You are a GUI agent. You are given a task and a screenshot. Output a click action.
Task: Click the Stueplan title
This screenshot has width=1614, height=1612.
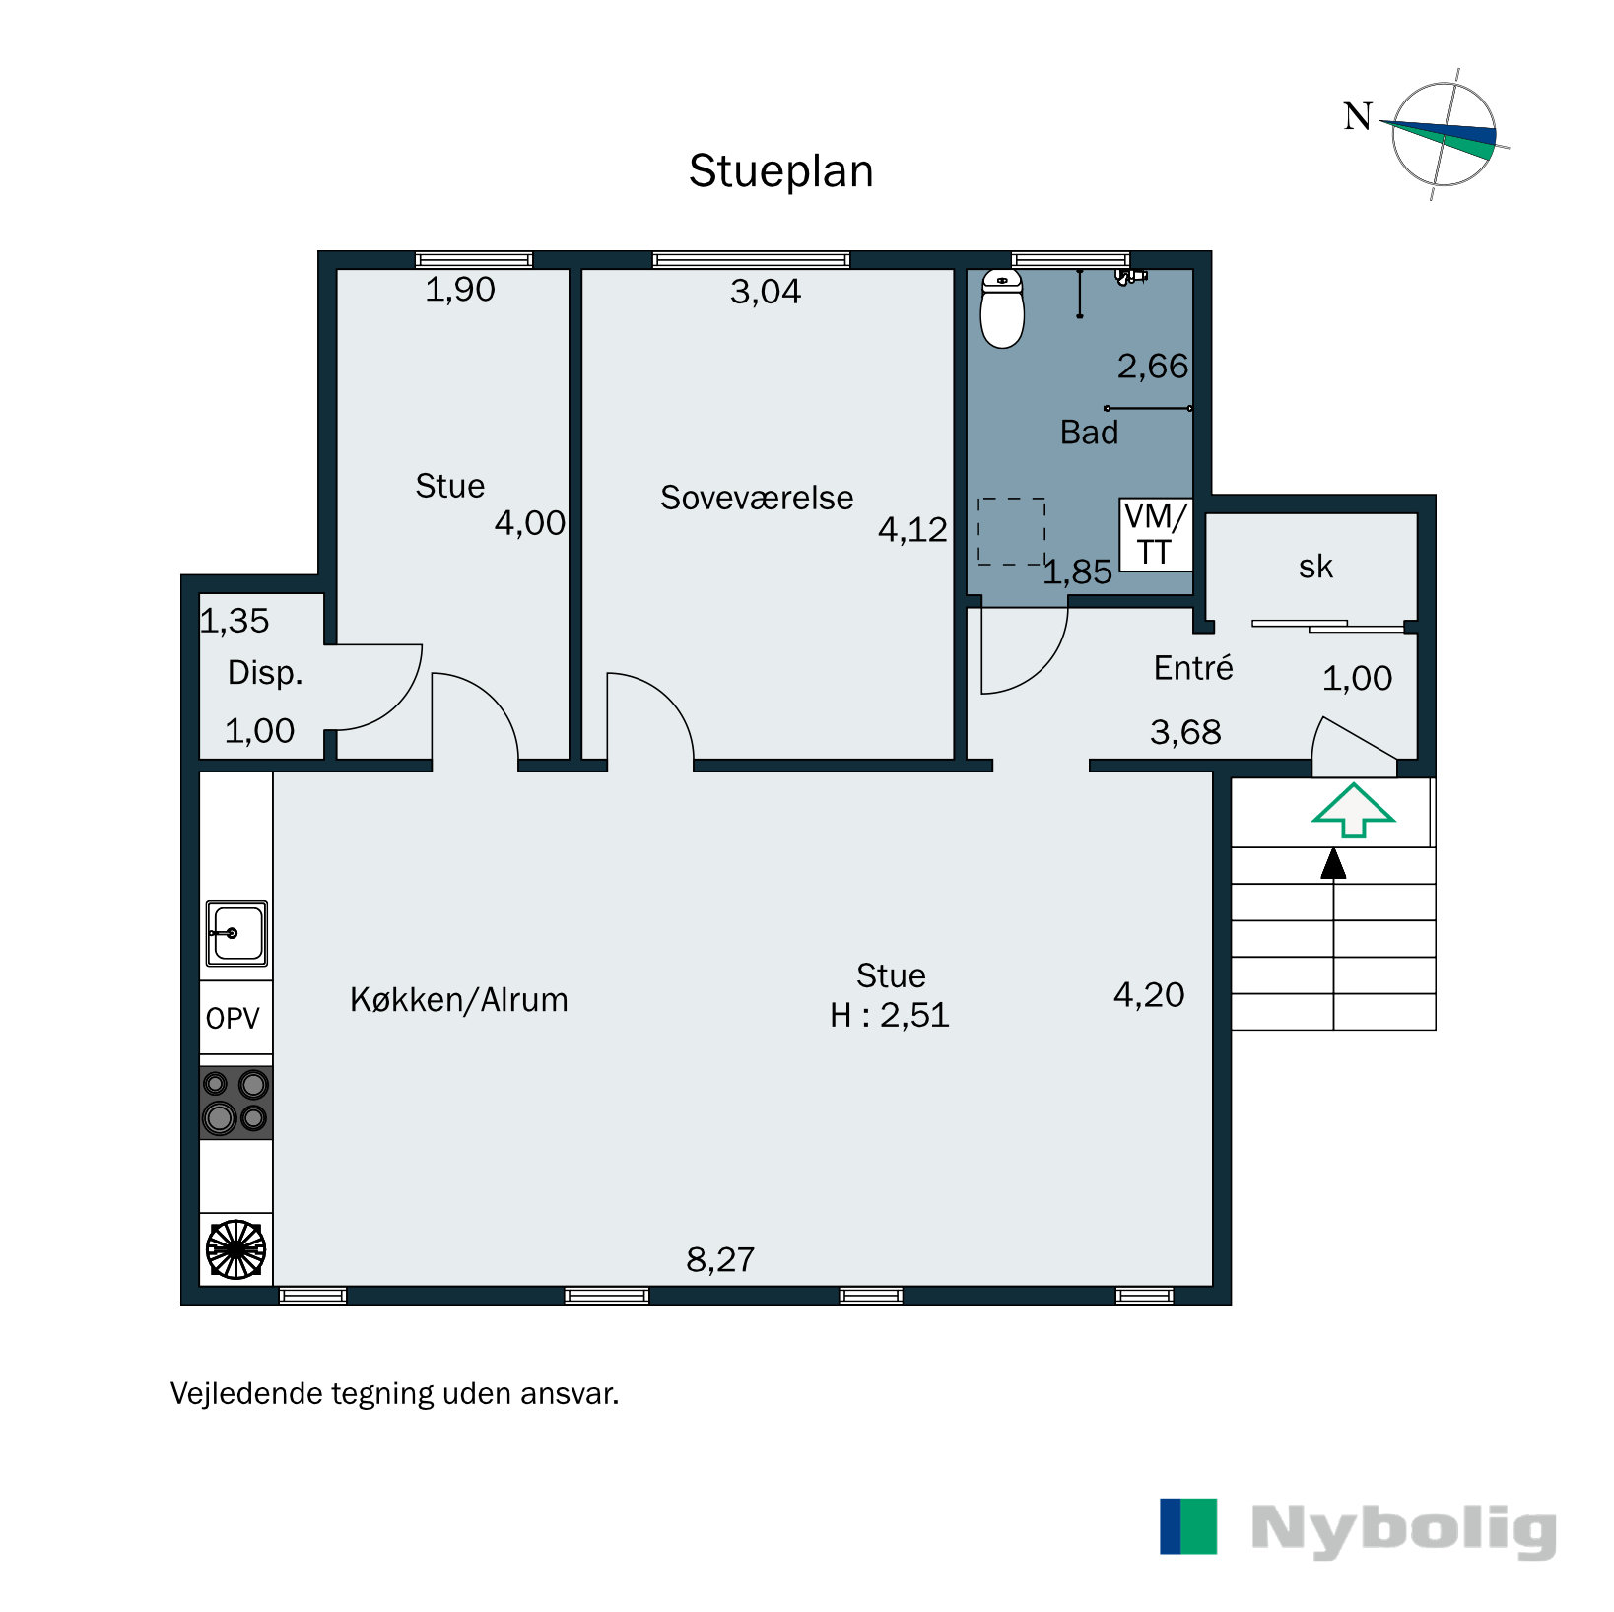tap(780, 171)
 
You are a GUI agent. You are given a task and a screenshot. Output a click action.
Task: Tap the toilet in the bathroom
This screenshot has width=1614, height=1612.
tap(1002, 308)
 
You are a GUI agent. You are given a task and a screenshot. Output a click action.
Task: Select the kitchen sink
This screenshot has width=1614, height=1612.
tap(236, 933)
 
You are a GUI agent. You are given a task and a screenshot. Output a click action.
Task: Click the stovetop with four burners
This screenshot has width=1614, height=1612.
tap(236, 1103)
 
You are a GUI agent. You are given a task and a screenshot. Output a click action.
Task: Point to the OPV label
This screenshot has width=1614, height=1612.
tap(233, 1018)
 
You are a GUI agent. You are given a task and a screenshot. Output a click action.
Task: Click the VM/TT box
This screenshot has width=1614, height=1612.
tap(1155, 534)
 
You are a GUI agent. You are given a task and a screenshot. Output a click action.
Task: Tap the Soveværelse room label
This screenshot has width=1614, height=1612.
tap(757, 498)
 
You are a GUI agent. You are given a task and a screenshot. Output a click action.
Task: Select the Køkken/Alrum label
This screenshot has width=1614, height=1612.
tap(459, 1000)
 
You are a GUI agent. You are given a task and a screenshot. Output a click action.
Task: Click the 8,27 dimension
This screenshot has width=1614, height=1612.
tap(720, 1259)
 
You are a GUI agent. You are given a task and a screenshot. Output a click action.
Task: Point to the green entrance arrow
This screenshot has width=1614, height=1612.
tap(1353, 810)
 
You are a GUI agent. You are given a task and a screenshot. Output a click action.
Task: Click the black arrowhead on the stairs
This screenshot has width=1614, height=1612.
tap(1333, 863)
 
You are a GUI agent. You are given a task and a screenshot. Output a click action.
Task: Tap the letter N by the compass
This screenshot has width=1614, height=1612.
tap(1358, 116)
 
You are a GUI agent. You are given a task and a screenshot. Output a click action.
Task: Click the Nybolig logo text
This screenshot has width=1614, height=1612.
tap(1403, 1529)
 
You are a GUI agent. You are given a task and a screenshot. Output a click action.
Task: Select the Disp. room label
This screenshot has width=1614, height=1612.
tap(265, 673)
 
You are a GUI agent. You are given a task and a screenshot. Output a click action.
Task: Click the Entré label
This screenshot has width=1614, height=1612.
tap(1193, 667)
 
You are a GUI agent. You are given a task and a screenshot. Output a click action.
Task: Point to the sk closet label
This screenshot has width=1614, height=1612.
tap(1315, 567)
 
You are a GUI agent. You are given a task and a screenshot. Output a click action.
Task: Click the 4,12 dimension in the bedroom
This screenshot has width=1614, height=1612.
tap(912, 530)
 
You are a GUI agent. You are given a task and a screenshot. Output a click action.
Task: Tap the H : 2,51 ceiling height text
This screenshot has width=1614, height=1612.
tap(890, 1015)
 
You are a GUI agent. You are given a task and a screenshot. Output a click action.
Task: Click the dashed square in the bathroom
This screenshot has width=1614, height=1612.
tap(1012, 531)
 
